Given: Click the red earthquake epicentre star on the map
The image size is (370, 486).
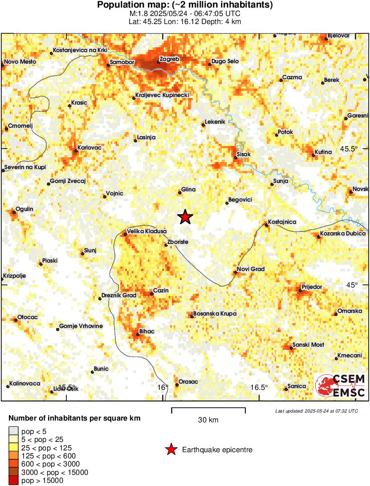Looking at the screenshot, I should [x=185, y=217].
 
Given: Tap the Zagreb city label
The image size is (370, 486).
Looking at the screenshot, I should [x=169, y=59].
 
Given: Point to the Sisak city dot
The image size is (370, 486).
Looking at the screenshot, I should [x=235, y=158].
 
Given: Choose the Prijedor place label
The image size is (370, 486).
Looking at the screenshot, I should [x=312, y=287].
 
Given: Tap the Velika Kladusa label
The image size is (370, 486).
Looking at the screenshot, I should [x=147, y=231].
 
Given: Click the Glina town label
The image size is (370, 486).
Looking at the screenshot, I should [x=189, y=190].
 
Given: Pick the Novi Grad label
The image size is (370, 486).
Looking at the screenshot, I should [x=251, y=269].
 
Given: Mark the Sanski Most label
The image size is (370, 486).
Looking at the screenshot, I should [x=308, y=345].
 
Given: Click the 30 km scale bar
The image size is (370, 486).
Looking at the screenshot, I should [x=208, y=408].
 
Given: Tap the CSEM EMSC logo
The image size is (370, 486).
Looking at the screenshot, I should [x=341, y=386].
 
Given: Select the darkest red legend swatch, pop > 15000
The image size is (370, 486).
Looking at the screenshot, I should [x=14, y=481].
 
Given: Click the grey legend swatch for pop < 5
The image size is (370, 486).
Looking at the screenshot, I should [x=14, y=431].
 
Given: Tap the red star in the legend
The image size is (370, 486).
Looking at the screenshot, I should [x=171, y=450].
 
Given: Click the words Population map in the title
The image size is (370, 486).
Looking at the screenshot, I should [x=128, y=5].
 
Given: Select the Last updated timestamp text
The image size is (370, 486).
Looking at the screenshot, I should [x=316, y=411].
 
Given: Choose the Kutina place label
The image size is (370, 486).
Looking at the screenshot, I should [x=323, y=152].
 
